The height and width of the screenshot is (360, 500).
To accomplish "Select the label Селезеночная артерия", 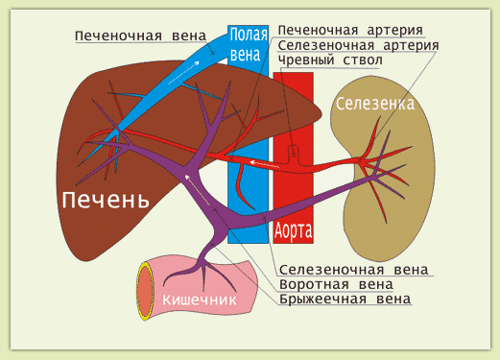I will (x=358, y=45).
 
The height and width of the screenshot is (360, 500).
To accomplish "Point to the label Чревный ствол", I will (x=329, y=60).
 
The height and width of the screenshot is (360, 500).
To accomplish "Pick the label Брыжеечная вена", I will (x=345, y=300).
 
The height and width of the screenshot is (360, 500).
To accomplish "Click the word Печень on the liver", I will (x=105, y=201).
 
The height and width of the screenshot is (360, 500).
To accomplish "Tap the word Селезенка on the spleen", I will (x=374, y=103).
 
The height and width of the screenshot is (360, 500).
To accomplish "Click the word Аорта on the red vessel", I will (x=294, y=230).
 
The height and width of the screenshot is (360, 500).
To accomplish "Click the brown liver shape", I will (x=86, y=144).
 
